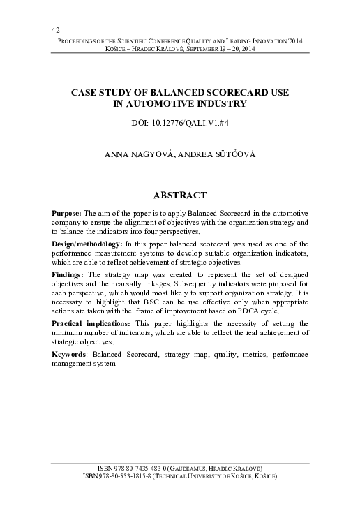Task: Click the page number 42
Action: pos(55,29)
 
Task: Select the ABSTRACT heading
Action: pos(180,194)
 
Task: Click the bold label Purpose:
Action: pos(68,212)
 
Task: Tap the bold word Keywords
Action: pos(71,355)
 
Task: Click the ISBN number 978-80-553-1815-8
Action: pos(130,475)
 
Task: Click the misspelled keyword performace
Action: pos(287,355)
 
